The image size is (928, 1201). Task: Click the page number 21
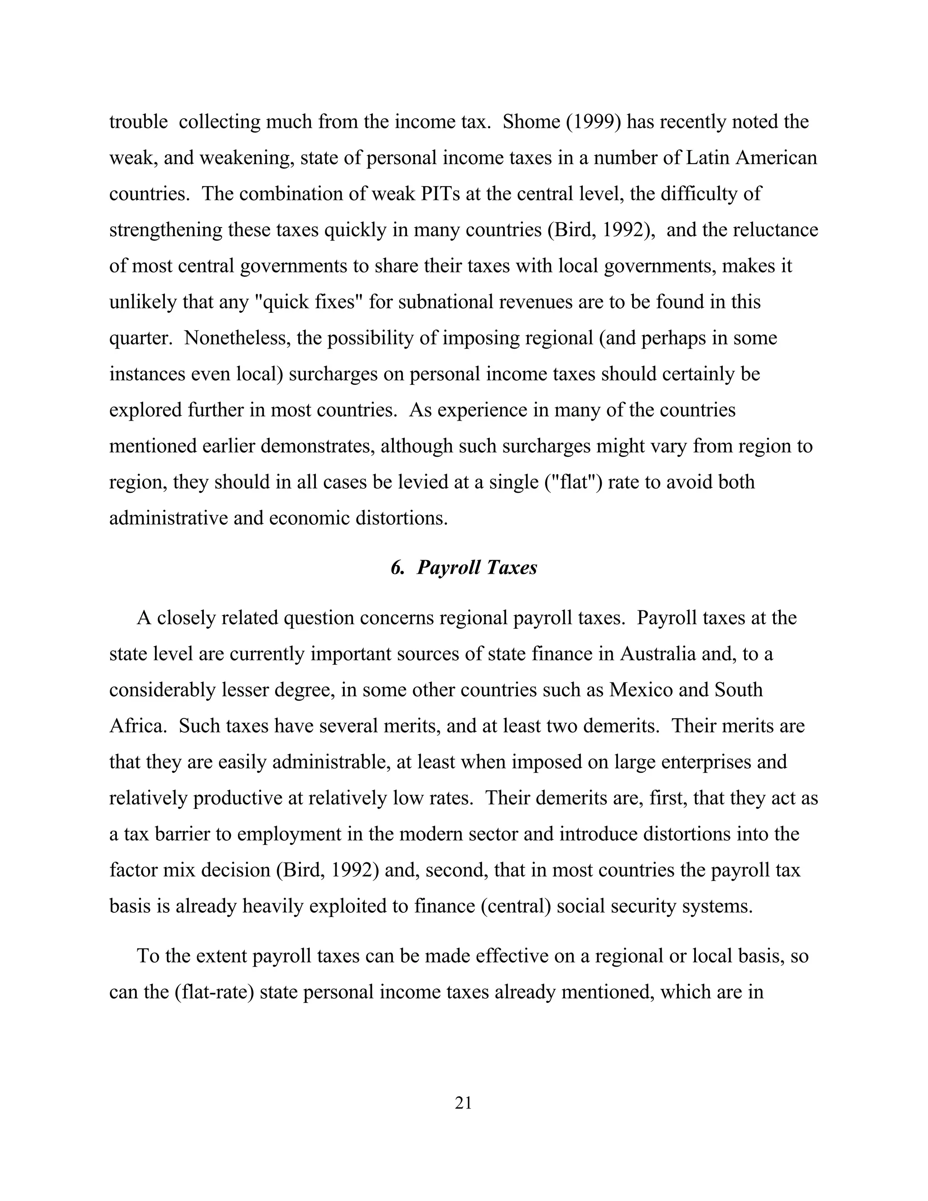coord(464,1103)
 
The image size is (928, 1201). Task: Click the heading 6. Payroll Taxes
coord(464,567)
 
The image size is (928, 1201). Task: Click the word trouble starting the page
coord(138,121)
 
